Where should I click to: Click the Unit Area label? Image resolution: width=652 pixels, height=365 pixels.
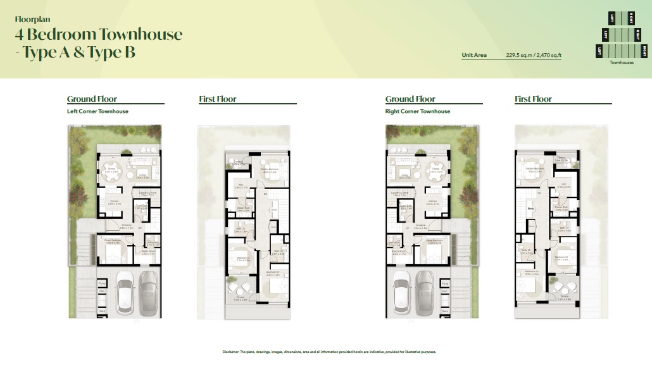point(474,55)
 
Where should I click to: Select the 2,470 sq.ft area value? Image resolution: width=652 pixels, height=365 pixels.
point(548,55)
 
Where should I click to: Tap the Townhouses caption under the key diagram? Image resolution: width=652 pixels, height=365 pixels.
point(621,63)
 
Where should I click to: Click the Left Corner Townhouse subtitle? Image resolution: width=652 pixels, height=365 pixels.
point(97,111)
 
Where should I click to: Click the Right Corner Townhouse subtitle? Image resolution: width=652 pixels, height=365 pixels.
point(418,111)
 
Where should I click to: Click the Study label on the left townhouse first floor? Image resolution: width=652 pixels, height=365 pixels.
point(273,210)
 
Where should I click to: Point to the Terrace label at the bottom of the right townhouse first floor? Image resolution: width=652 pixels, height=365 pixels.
point(565,295)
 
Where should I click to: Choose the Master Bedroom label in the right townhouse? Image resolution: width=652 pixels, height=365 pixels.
point(536,168)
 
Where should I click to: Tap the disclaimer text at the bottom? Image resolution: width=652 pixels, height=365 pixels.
point(325,352)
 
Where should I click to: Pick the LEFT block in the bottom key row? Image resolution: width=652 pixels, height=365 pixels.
point(599,50)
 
